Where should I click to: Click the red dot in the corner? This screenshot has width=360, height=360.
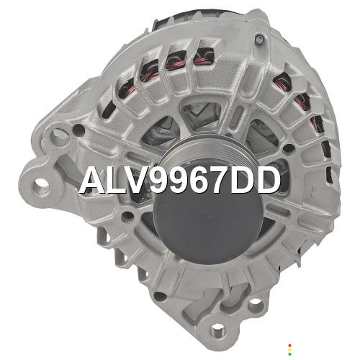click(x=289, y=346)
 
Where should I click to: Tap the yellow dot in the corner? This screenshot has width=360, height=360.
click(x=289, y=350)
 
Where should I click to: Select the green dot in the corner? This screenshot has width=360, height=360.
click(x=289, y=354)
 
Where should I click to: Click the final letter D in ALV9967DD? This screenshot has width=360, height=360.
click(x=269, y=180)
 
